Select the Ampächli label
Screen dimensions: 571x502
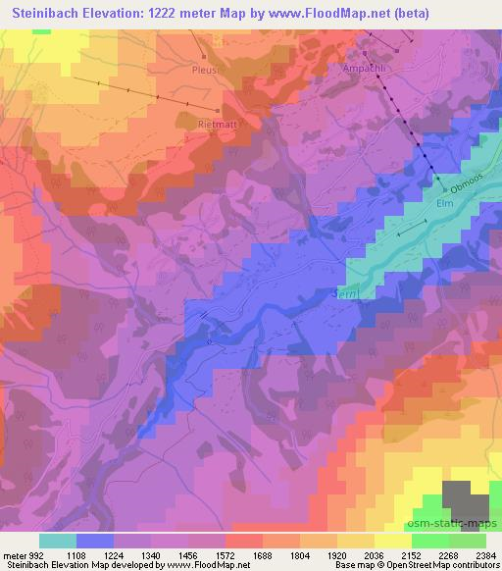click(363, 68)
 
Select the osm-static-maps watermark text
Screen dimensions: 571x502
click(450, 526)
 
